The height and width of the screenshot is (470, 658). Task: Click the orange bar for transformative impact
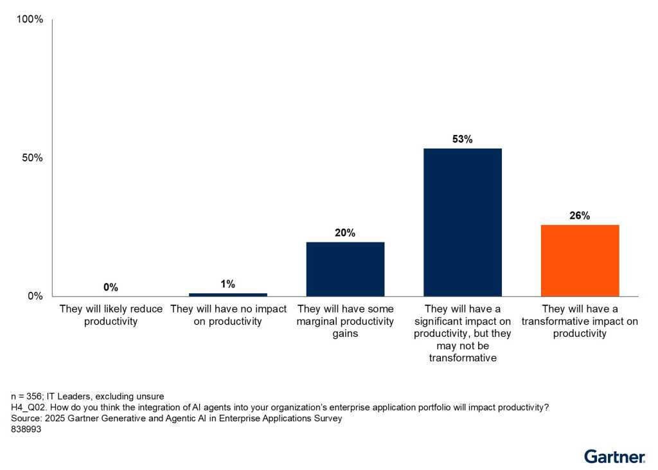coord(580,260)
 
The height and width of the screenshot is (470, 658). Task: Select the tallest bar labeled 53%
coord(463,222)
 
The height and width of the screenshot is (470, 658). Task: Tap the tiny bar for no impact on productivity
coord(228,294)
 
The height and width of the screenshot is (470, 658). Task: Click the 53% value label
coord(463,139)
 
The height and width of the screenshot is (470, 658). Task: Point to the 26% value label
coord(580,215)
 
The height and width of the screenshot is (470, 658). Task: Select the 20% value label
coord(345,233)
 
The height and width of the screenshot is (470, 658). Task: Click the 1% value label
coord(228,284)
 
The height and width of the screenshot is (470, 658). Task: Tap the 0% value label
coord(111,287)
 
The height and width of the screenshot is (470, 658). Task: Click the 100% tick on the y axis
coord(30,19)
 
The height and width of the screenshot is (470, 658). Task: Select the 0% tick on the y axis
coord(35,296)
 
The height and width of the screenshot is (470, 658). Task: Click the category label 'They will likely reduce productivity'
coord(111,315)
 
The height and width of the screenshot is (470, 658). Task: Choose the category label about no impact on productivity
coord(228,315)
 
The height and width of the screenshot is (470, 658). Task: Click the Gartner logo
coord(614,456)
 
